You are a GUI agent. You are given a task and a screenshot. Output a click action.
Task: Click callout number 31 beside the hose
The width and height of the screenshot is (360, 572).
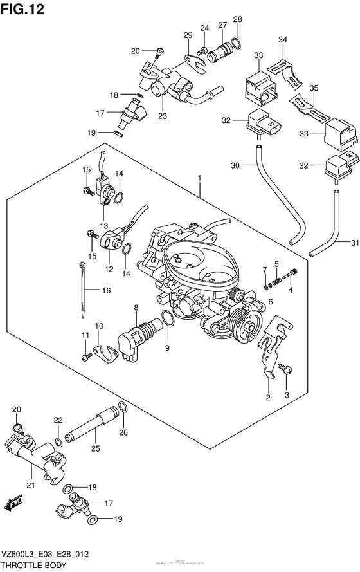[352, 242]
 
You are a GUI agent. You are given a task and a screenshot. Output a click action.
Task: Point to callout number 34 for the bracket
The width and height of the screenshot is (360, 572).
[283, 40]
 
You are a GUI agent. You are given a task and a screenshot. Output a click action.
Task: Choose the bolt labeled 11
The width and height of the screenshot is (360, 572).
[85, 356]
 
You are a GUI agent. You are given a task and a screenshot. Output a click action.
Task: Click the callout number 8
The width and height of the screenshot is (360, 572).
[136, 309]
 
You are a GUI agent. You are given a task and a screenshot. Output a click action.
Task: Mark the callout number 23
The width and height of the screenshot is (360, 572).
[161, 116]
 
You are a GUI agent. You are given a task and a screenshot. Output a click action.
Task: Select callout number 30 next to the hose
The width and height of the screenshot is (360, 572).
[236, 165]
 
